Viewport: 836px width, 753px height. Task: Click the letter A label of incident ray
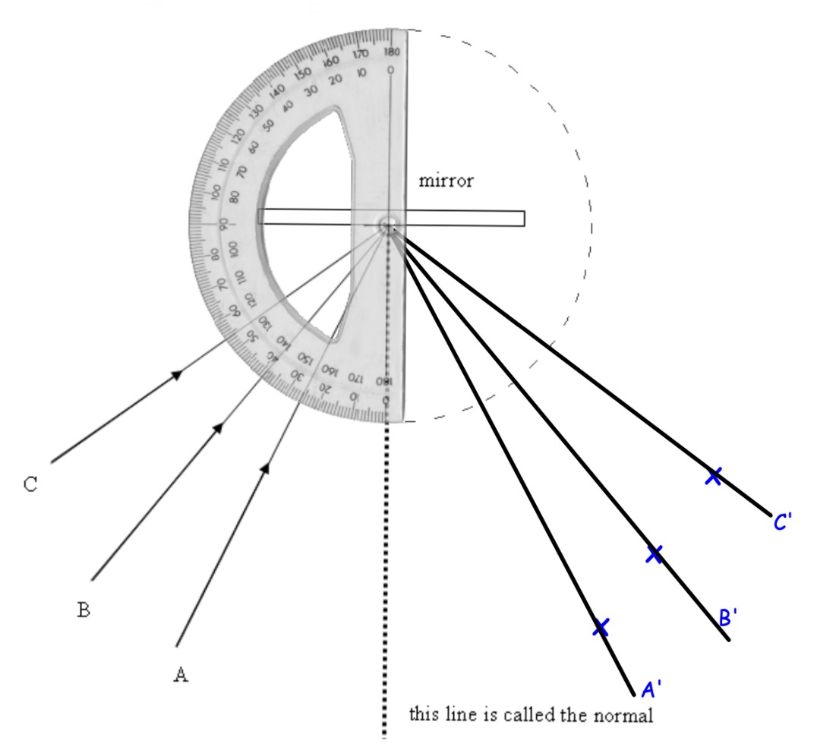180,674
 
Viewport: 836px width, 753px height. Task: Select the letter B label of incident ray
84,609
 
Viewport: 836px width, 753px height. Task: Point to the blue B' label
728,617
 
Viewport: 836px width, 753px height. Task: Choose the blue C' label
784,522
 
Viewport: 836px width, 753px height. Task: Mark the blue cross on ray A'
601,627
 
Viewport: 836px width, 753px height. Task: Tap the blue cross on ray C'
713,476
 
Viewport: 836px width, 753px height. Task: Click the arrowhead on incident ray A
265,468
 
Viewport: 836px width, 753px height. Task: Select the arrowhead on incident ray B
218,428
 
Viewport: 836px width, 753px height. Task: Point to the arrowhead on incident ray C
178,373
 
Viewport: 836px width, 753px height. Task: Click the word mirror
446,181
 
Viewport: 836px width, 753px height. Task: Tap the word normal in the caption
629,714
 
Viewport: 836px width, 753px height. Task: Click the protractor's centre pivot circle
388,225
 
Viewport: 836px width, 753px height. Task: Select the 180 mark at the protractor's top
392,52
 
